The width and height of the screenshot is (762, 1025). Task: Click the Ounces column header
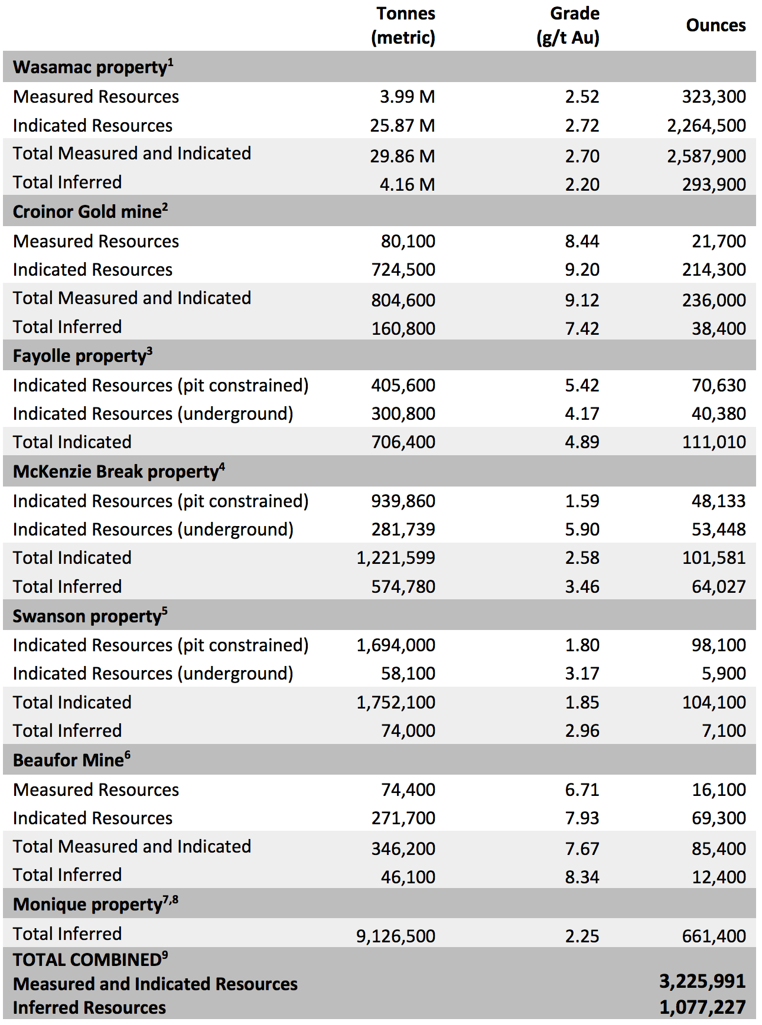point(716,25)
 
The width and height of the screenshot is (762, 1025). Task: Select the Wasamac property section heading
point(93,67)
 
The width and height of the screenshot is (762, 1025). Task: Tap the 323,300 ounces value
point(714,96)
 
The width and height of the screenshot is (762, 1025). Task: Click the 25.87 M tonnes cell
point(403,125)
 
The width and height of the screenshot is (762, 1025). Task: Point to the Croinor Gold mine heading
point(90,211)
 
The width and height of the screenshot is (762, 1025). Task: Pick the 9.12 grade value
point(582,300)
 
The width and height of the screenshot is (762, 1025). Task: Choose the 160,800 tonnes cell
point(403,328)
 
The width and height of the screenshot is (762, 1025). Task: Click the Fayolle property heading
point(83,355)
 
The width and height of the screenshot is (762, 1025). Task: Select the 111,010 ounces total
point(714,442)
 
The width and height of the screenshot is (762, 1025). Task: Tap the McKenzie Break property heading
point(119,471)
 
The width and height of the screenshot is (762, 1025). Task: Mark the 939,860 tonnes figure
point(403,501)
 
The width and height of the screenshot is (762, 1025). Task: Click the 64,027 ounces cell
point(719,586)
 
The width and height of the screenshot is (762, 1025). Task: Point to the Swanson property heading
point(90,616)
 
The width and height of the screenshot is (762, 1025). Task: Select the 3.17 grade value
point(582,673)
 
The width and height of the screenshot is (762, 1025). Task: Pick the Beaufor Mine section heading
point(71,760)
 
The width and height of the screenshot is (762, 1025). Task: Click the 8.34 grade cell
point(582,877)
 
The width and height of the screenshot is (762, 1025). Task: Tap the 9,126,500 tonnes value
point(396,936)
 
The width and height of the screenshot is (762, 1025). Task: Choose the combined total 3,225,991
point(702,981)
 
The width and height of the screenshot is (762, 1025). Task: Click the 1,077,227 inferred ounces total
point(702,1007)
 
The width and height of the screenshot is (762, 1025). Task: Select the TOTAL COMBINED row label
point(90,959)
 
